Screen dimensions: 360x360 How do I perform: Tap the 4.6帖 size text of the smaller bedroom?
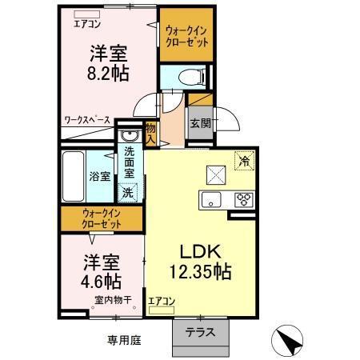(102, 281)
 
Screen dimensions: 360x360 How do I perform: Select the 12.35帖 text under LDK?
(199, 273)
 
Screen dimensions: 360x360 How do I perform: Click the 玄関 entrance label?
(200, 123)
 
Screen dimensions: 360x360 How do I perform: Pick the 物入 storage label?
(150, 132)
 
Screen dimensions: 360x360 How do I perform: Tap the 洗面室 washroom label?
(128, 163)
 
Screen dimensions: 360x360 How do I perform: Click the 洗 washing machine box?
(127, 192)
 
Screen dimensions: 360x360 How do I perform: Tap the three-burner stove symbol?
(243, 199)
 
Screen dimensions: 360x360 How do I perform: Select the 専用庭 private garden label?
(125, 340)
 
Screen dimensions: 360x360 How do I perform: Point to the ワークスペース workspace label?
(87, 121)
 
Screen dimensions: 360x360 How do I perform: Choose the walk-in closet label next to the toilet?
(186, 37)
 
